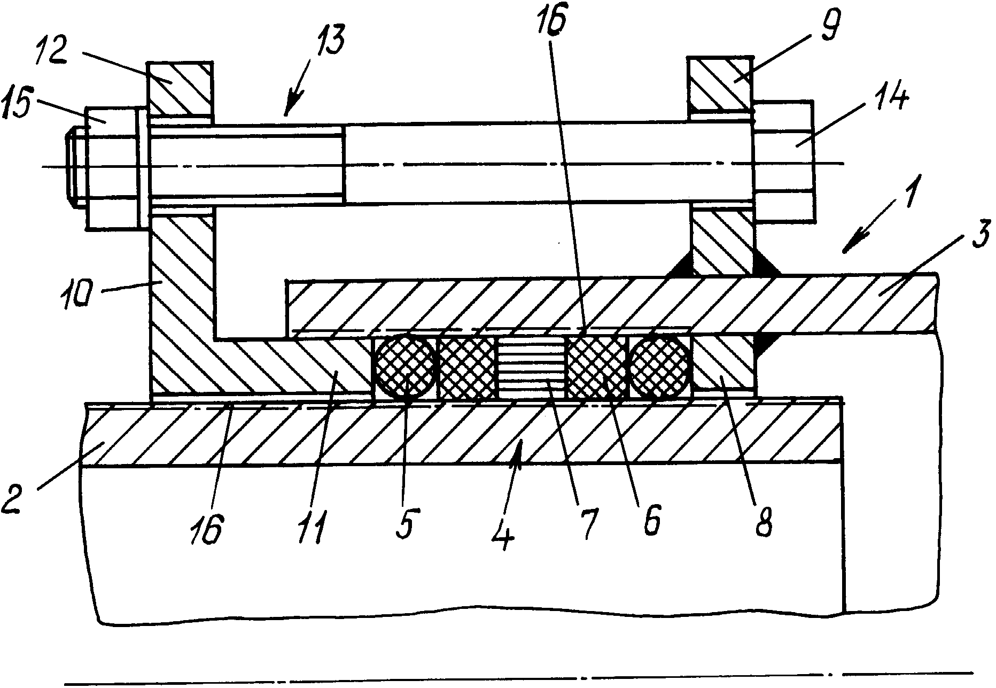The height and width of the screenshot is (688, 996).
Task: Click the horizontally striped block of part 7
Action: click(x=531, y=368)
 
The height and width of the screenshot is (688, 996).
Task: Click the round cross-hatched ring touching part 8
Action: click(x=660, y=368)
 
